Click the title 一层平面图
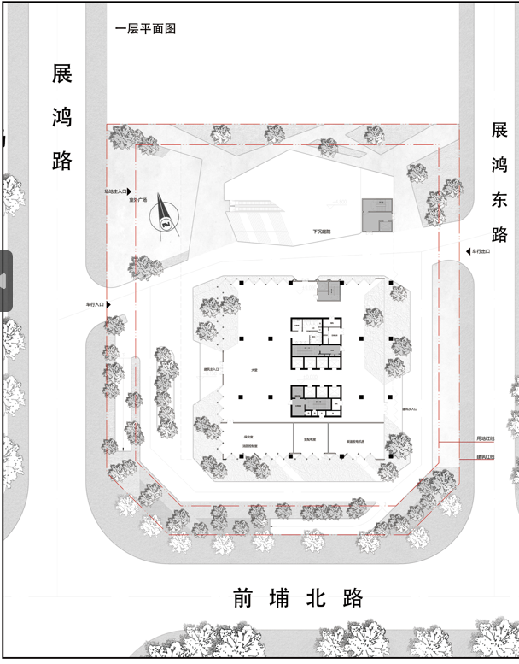[x=145, y=28]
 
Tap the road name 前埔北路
[x=298, y=598]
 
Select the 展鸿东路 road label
[x=499, y=182]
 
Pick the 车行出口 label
[x=488, y=251]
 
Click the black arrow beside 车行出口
[x=468, y=251]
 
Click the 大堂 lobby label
[x=254, y=370]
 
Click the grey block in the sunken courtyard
[x=376, y=214]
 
